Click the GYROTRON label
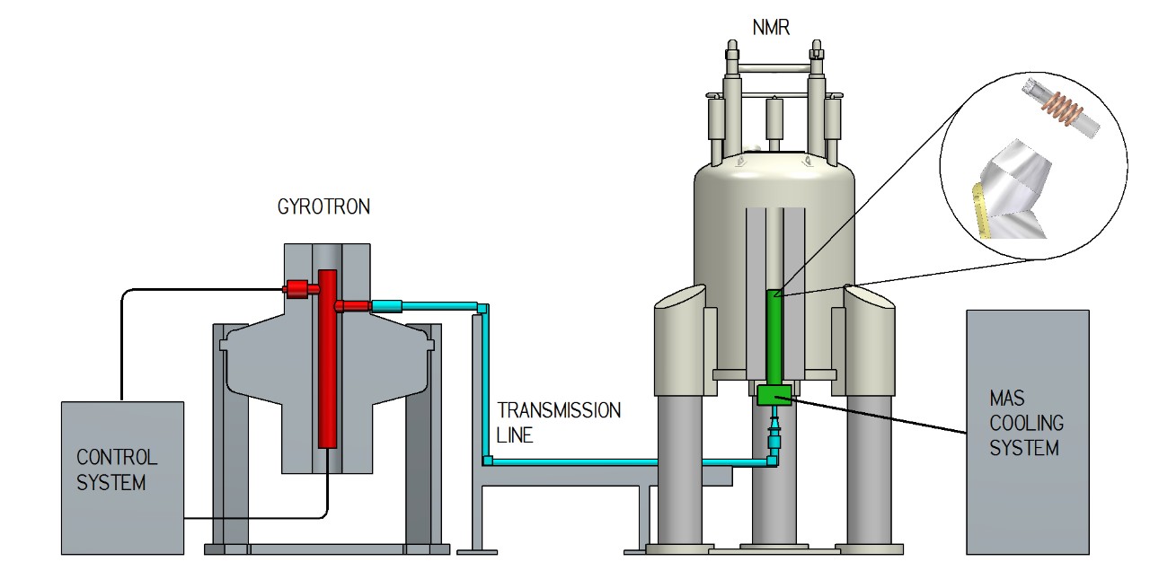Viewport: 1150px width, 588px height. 323,207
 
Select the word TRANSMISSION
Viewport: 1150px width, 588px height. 558,411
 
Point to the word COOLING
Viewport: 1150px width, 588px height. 1026,422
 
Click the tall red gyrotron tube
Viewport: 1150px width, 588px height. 327,359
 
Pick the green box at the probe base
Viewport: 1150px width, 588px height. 774,394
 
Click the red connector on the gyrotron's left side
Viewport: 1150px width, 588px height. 297,288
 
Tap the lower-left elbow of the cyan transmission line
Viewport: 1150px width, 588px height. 487,461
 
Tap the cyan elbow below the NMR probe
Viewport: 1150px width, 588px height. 771,461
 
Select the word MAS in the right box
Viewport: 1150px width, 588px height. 1005,398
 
